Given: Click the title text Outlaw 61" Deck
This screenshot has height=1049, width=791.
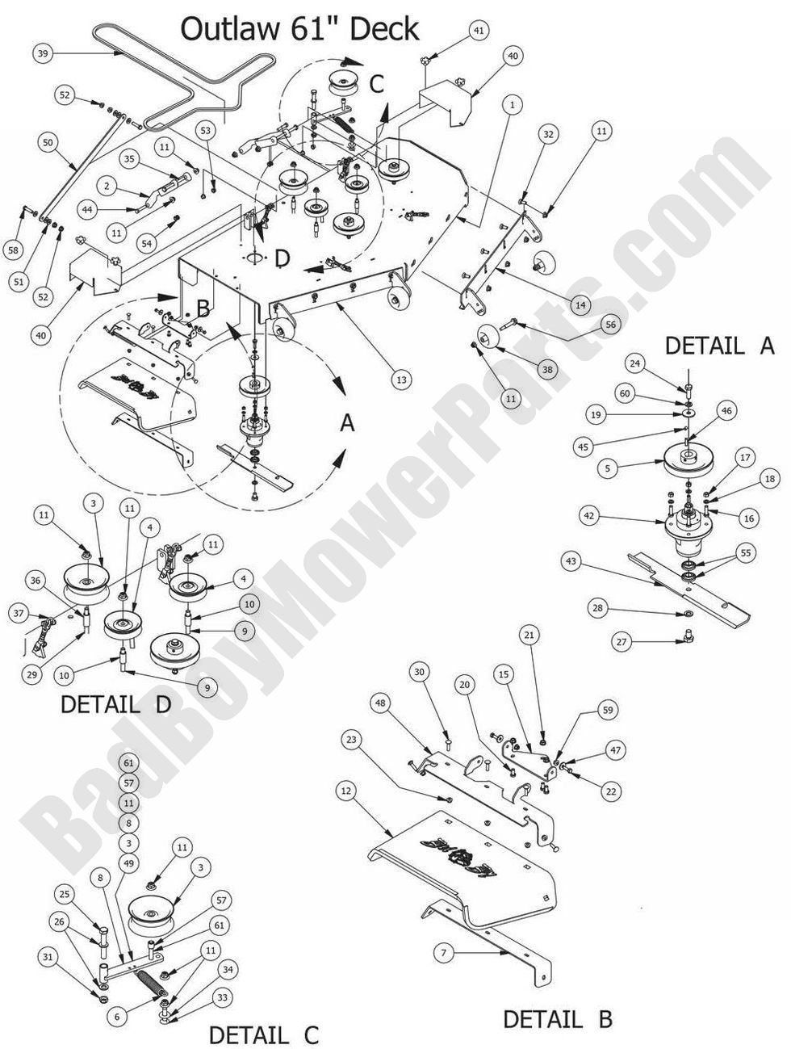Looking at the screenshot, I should point(299,29).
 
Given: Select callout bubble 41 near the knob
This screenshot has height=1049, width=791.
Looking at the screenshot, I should point(479,31).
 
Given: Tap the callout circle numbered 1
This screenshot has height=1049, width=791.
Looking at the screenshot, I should point(511,104).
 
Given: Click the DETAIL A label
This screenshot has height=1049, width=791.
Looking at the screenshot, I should point(719,346).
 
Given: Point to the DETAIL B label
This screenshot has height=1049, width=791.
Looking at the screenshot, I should point(557,1019).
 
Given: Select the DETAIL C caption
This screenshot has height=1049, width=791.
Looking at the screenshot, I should point(264,1034).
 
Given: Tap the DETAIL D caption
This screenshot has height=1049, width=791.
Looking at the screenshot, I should point(116,704).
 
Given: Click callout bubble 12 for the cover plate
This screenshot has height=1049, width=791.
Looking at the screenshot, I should point(345,792).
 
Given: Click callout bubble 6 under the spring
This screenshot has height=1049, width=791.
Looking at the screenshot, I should point(116,1017).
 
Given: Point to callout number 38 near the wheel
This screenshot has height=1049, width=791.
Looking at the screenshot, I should point(548,369).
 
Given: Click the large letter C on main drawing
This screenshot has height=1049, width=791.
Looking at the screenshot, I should point(376,83).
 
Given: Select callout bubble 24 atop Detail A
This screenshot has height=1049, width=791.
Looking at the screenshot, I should point(634,364).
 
